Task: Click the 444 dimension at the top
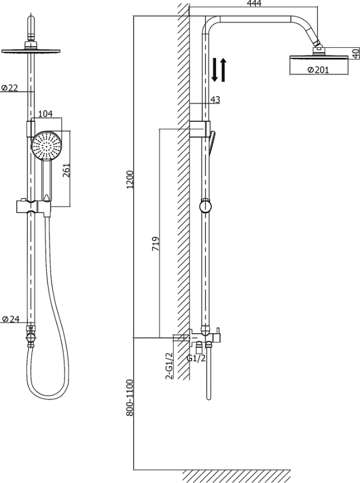pyautogui.click(x=254, y=3)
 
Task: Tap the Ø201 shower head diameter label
pyautogui.click(x=318, y=70)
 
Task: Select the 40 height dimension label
pyautogui.click(x=356, y=54)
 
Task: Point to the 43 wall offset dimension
pyautogui.click(x=215, y=99)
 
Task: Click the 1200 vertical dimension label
pyautogui.click(x=130, y=180)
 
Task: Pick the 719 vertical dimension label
pyautogui.click(x=156, y=243)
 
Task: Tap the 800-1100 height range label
pyautogui.click(x=130, y=398)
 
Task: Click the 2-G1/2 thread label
pyautogui.click(x=170, y=366)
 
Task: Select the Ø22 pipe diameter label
pyautogui.click(x=9, y=88)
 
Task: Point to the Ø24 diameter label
pyautogui.click(x=10, y=319)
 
